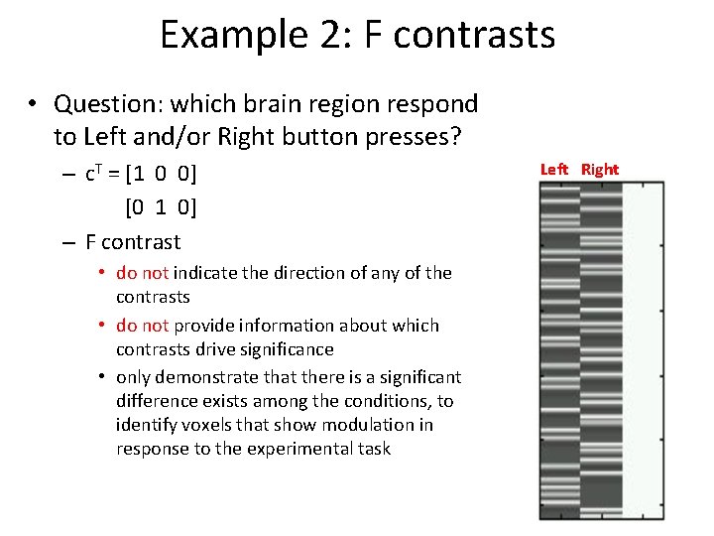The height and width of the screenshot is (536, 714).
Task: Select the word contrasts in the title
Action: (473, 35)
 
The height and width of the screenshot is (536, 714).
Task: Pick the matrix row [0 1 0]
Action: (161, 207)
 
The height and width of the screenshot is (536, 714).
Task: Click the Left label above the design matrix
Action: (554, 170)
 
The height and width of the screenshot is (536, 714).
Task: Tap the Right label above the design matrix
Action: (600, 170)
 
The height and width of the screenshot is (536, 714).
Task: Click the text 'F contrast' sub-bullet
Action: (133, 242)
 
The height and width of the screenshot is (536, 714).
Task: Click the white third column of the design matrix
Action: (642, 347)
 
